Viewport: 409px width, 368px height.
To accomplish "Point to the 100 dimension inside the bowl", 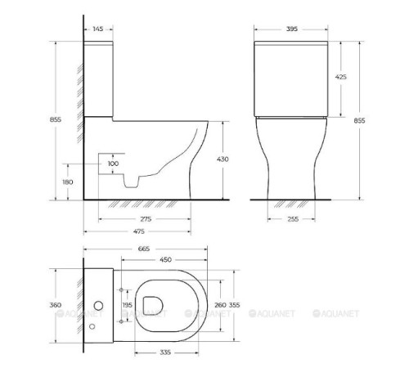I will coord(114,164).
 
